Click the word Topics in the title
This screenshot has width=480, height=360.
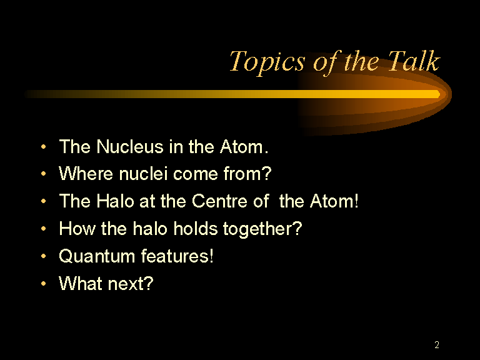click(267, 62)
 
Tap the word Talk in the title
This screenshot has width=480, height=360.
click(414, 61)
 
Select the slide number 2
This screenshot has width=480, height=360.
click(437, 345)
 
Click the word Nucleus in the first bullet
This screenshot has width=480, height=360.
click(130, 147)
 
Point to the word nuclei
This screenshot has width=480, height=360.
click(143, 174)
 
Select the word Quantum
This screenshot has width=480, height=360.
click(97, 256)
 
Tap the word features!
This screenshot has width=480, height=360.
click(177, 256)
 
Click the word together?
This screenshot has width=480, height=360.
click(262, 229)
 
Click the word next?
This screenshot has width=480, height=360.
click(131, 284)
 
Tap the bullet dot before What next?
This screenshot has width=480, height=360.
click(44, 284)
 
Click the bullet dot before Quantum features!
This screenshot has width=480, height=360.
click(44, 256)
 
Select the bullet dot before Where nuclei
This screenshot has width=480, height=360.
click(44, 174)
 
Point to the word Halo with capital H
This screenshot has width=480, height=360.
click(115, 201)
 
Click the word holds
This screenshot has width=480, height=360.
click(195, 229)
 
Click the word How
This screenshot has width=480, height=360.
click(77, 229)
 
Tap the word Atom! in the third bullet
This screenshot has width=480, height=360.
click(334, 201)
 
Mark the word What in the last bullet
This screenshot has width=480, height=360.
click(81, 284)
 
